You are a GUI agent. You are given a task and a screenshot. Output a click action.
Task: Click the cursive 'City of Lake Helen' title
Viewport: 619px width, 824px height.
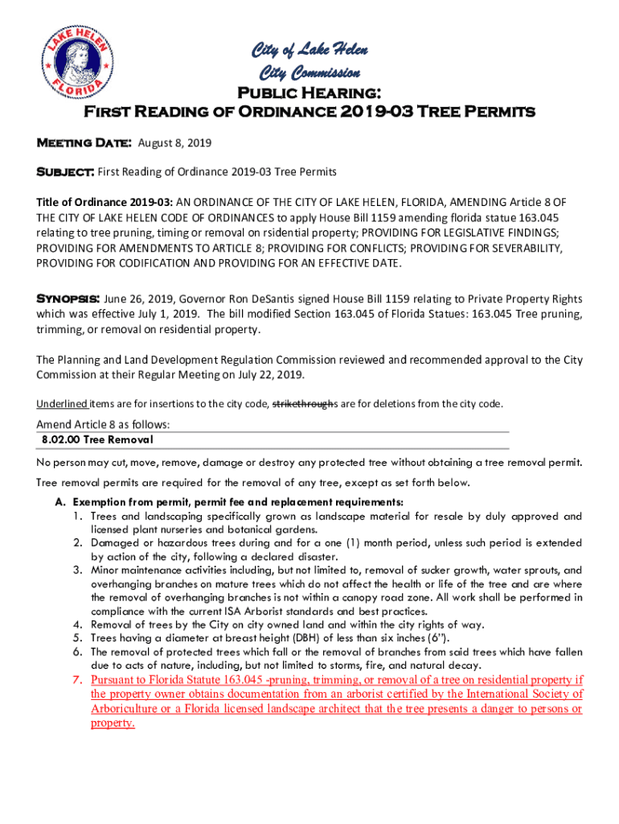click(x=309, y=51)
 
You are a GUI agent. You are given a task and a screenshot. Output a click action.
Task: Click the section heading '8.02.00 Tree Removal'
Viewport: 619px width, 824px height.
click(x=97, y=440)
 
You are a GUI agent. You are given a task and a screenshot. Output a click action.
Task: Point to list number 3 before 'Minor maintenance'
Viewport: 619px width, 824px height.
click(x=77, y=571)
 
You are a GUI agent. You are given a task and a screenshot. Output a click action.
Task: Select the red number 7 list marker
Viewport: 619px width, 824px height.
click(x=77, y=680)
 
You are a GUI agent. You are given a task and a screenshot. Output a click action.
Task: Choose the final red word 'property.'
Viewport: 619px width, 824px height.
click(x=113, y=723)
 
